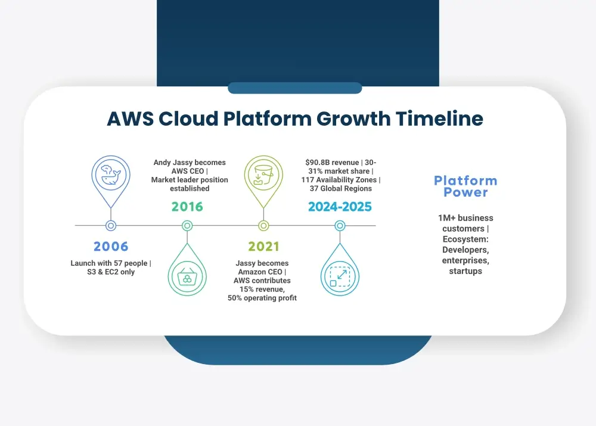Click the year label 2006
pos(111,246)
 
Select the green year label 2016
pos(187,206)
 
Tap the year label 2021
pos(263,246)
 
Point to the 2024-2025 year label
pos(340,206)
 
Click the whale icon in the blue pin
pos(111,175)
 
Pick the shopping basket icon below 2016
pos(187,276)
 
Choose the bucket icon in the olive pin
pos(263,175)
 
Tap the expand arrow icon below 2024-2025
pos(340,276)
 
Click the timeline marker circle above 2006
pos(111,226)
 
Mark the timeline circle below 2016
pos(187,226)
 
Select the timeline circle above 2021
pos(263,226)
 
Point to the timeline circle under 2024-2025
pos(340,226)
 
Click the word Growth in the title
pos(353,119)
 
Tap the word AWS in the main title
pos(131,119)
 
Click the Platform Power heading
pos(465,186)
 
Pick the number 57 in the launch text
pos(118,263)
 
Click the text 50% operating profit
pos(262,298)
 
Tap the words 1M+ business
pos(465,217)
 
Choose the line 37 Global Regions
pos(340,188)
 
